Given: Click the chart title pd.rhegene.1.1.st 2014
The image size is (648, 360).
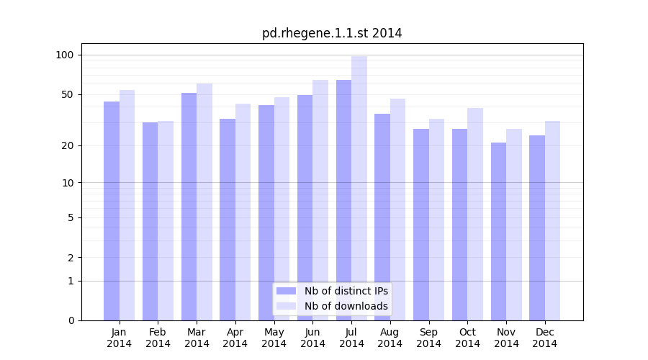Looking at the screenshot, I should tap(332, 33).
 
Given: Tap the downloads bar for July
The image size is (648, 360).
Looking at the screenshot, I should tap(359, 188).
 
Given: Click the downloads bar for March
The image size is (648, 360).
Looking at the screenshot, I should tap(204, 202).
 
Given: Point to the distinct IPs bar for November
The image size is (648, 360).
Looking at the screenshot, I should tap(498, 231).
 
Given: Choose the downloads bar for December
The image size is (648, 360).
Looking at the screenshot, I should tap(552, 220).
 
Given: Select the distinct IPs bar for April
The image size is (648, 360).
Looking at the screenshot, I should tap(228, 220).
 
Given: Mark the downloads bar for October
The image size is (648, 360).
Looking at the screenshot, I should tap(475, 214).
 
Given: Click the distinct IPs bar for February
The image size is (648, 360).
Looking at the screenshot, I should tap(150, 221).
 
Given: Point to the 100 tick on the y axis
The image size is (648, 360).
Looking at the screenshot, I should tap(66, 55).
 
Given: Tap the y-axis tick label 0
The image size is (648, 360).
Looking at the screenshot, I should tap(71, 320).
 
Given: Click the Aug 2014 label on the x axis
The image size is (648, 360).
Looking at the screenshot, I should tap(390, 338).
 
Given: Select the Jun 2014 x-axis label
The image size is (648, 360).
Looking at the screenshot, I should tap(312, 338).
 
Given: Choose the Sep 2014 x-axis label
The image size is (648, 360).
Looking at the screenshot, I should tap(428, 338).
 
